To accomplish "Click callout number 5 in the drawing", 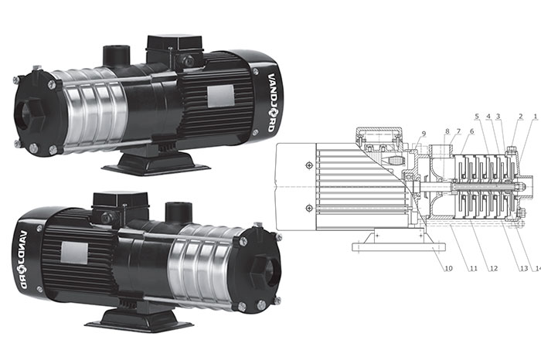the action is [477, 116].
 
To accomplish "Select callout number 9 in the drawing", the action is [424, 134].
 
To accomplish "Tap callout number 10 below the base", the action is [448, 268].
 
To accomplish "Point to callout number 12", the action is [494, 268].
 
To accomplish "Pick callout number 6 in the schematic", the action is [471, 131].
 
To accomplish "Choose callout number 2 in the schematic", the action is [521, 117].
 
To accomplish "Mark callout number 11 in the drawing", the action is [473, 268].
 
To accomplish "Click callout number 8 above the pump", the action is [447, 131].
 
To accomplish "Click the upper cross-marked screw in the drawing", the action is [309, 166].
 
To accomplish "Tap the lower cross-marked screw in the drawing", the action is [309, 208].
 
